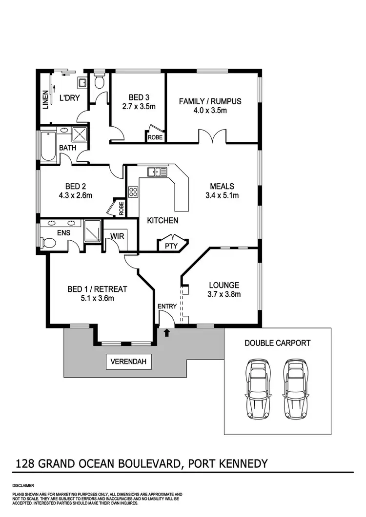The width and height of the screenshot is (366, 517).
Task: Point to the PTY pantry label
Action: pos(171,246)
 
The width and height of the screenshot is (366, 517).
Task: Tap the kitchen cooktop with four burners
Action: pos(133,192)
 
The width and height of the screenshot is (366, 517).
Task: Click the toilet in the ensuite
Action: pos(48,242)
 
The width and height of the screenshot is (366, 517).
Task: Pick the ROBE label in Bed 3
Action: pos(155,137)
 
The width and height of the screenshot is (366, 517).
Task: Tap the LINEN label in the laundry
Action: pos(45,99)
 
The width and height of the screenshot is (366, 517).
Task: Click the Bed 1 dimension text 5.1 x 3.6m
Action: pos(97,298)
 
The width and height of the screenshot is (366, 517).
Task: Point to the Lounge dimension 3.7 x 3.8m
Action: pos(224,294)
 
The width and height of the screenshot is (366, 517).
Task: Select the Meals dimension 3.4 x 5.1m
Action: pos(222,195)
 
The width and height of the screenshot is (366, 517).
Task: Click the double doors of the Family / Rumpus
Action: pos(212,137)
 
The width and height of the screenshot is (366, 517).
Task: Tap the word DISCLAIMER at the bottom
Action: pos(23,486)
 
